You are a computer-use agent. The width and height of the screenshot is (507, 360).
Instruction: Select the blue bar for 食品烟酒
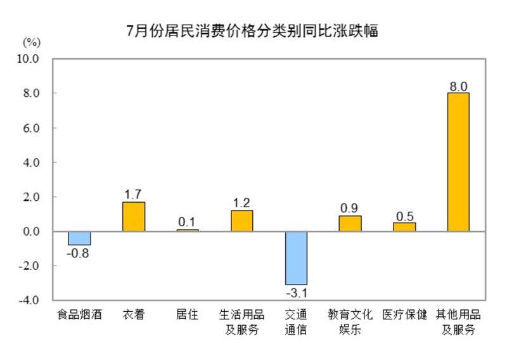[x=80, y=238]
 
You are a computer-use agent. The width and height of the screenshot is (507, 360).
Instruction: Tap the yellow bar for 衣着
[x=134, y=217]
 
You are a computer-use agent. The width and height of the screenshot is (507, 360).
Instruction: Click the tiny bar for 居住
[x=188, y=230]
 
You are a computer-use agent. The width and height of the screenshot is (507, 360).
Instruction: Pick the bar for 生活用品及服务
[x=241, y=221]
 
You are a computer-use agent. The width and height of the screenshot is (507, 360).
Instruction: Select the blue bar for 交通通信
[x=296, y=258]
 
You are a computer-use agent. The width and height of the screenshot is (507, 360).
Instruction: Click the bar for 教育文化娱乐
[x=350, y=224]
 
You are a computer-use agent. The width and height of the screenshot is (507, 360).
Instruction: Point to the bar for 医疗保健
[x=404, y=227]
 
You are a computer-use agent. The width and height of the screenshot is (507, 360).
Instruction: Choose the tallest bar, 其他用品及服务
[x=458, y=162]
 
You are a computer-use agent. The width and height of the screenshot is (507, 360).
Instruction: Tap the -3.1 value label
[x=296, y=293]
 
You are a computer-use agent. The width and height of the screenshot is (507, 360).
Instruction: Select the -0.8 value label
[x=80, y=253]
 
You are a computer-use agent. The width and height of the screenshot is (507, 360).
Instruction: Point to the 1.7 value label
[x=134, y=194]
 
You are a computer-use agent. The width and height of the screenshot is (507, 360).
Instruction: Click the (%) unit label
[x=32, y=42]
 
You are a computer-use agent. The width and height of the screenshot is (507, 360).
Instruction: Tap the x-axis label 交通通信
[x=296, y=321]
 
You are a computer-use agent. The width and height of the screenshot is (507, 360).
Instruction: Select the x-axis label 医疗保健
[x=404, y=315]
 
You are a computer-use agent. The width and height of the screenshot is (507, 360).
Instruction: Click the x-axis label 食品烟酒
[x=80, y=315]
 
